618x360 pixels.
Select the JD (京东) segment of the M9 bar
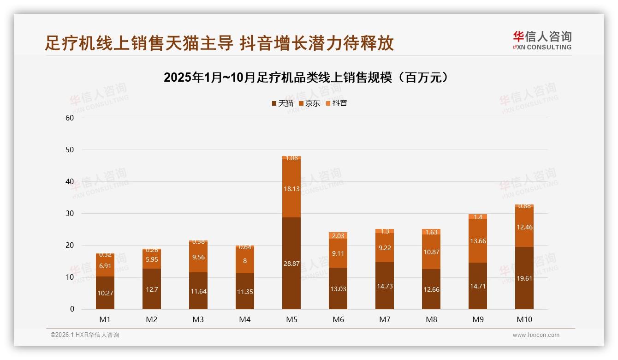click(x=478, y=240)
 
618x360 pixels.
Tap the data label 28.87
click(x=291, y=264)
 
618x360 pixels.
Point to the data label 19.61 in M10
click(x=524, y=291)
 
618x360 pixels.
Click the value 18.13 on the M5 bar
click(x=291, y=189)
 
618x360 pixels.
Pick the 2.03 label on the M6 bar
click(x=338, y=236)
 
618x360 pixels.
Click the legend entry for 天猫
click(x=282, y=103)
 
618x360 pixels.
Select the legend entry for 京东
click(x=309, y=103)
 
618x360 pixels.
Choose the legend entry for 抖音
click(x=336, y=103)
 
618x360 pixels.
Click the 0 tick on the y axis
click(x=72, y=309)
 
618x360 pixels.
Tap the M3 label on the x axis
click(x=198, y=319)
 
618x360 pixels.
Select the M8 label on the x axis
click(x=431, y=319)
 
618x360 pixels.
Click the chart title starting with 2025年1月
click(x=306, y=78)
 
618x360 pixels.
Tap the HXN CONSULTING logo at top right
click(x=542, y=40)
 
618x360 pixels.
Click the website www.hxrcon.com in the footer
click(x=536, y=335)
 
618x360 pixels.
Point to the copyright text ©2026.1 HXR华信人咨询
click(x=84, y=335)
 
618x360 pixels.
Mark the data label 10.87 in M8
click(x=431, y=252)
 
